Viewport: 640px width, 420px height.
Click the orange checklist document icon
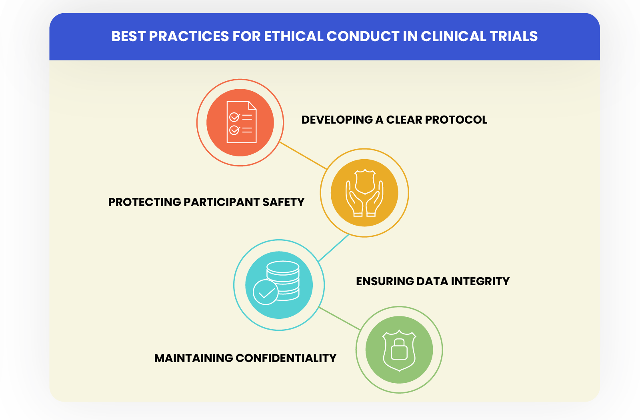coord(241,122)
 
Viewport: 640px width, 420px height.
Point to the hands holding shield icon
coord(364,193)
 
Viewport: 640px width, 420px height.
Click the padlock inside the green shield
coord(399,350)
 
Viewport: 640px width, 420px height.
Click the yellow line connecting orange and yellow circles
coord(303,156)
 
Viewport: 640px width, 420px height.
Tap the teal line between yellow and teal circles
coord(334,248)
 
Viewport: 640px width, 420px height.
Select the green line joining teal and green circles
coord(340,319)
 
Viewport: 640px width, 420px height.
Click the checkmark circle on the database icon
coord(265,293)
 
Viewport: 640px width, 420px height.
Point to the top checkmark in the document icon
coord(234,117)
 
